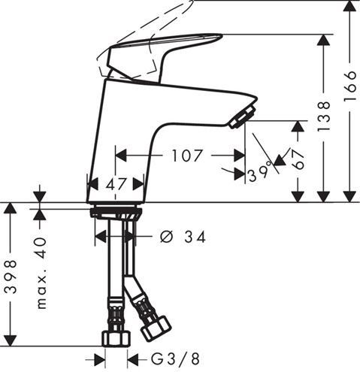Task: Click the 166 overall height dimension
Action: tap(350, 86)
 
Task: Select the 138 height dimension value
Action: tap(323, 116)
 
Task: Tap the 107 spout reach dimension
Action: tap(187, 156)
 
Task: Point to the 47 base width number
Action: tap(116, 185)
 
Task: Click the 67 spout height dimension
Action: tap(298, 160)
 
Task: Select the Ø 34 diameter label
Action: tap(183, 237)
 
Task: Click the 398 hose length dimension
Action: tap(11, 277)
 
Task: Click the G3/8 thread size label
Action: tap(175, 359)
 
